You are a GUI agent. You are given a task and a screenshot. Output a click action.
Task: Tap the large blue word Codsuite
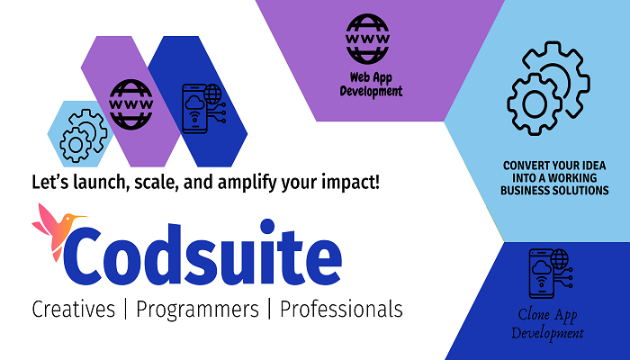click(202, 252)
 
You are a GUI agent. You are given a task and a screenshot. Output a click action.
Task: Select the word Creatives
click(73, 310)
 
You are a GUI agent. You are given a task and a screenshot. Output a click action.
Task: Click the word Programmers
click(197, 310)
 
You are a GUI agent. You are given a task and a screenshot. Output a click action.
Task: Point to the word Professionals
click(341, 310)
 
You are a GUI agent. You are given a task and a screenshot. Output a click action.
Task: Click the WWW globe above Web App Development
click(367, 39)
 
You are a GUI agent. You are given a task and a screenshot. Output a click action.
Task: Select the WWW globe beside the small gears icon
click(131, 104)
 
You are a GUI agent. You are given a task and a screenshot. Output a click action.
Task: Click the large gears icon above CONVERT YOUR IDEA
click(548, 88)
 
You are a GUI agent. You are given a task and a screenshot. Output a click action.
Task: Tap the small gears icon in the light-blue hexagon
click(84, 135)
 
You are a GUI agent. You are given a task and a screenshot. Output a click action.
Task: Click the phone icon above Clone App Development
click(551, 274)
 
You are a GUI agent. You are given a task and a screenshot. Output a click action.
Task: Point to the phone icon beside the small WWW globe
click(203, 109)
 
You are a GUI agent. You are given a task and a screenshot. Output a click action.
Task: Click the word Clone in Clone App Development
click(534, 314)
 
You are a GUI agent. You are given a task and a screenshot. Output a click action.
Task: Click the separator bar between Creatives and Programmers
click(126, 309)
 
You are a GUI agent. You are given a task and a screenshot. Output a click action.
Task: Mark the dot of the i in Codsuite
click(267, 226)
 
